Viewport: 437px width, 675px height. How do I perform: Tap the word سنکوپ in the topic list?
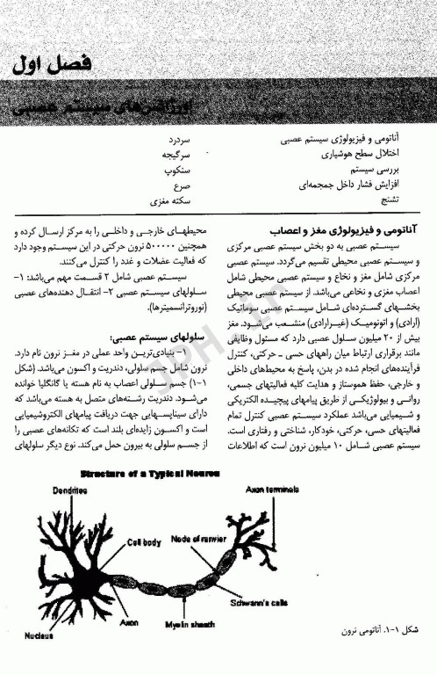click(x=176, y=171)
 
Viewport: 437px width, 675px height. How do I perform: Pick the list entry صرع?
click(x=182, y=186)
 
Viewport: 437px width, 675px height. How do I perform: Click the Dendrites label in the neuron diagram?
click(x=68, y=490)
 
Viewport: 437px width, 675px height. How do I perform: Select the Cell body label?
click(x=144, y=542)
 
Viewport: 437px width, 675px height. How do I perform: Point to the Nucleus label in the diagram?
click(x=39, y=635)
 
